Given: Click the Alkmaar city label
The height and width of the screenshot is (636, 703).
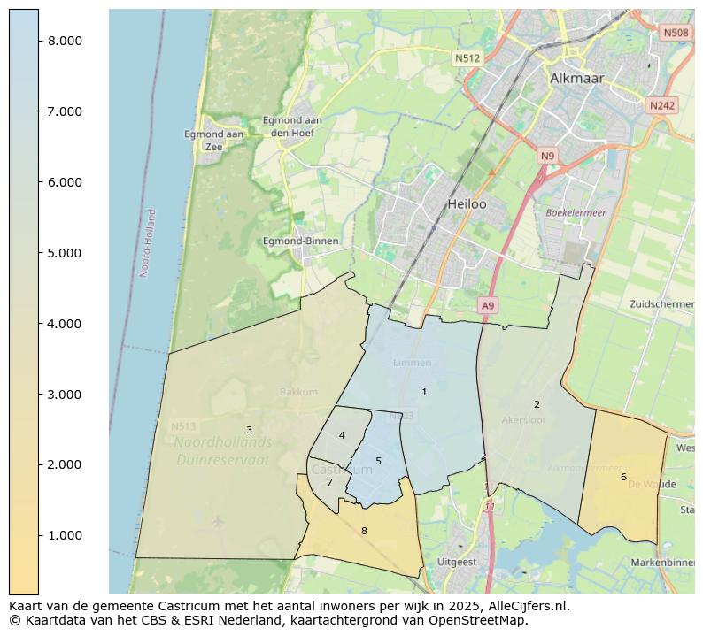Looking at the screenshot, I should click(x=576, y=78).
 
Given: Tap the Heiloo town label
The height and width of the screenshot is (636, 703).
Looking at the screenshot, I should click(x=467, y=203).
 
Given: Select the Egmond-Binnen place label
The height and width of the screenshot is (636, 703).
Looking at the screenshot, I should click(x=301, y=241).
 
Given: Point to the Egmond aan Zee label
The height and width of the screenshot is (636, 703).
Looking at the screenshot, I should click(x=213, y=140).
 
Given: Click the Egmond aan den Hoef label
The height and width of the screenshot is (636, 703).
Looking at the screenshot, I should click(x=291, y=126).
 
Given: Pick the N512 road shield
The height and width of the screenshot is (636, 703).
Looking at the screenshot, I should click(x=467, y=58).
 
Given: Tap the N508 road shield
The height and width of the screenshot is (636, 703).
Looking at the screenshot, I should click(x=676, y=33).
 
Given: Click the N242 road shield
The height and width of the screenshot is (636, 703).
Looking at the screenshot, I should click(x=661, y=105).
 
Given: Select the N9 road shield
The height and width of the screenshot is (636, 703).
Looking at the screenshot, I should click(x=548, y=157).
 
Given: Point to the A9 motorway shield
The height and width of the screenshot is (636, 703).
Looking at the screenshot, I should click(x=487, y=305).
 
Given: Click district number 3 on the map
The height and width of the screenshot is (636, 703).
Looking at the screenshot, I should click(x=249, y=430).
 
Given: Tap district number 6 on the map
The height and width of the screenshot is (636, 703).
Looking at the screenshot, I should click(x=623, y=477).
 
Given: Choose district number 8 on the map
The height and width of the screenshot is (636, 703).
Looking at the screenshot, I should click(x=364, y=531).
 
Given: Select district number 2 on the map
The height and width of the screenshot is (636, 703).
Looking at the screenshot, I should click(x=537, y=404).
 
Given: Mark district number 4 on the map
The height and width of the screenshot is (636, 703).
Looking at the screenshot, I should click(x=342, y=435).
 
